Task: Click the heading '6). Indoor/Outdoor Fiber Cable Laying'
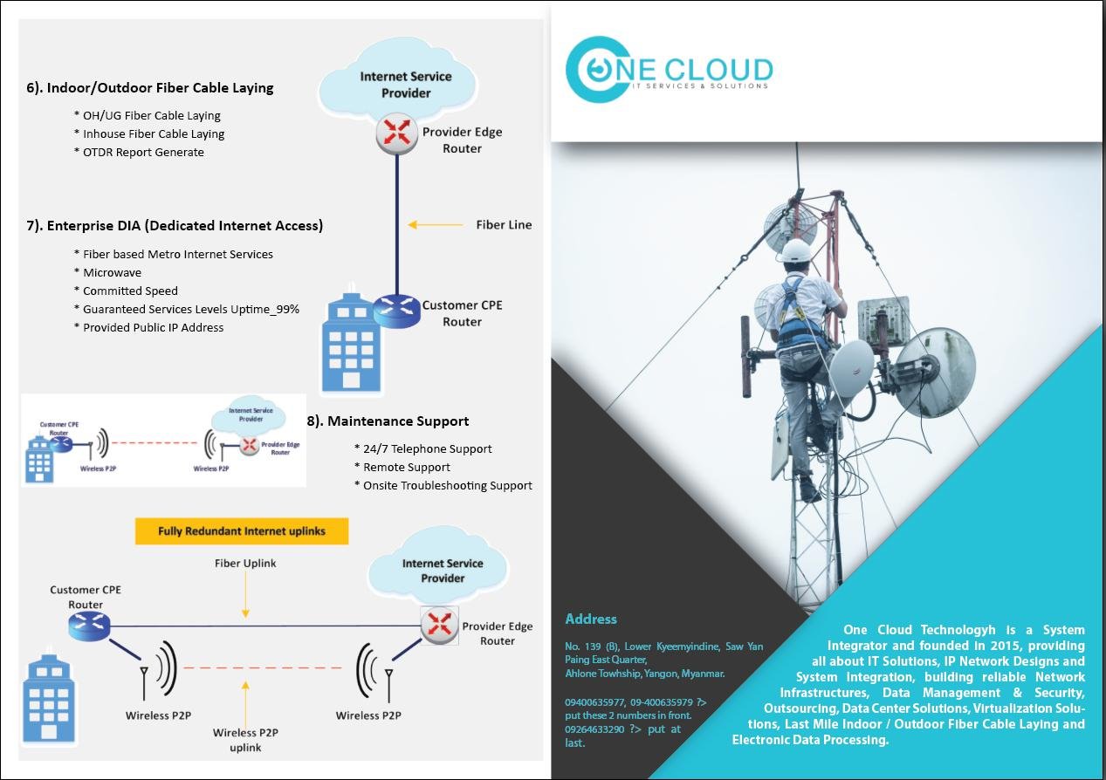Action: click(x=149, y=88)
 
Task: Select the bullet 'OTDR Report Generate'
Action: click(x=143, y=153)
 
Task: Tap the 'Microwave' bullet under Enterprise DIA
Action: click(x=112, y=273)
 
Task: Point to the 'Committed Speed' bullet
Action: click(x=130, y=291)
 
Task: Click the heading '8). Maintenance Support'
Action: click(x=388, y=421)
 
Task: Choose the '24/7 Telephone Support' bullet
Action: click(x=427, y=449)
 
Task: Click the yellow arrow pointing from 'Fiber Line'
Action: click(x=436, y=225)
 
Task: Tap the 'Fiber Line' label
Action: click(x=504, y=225)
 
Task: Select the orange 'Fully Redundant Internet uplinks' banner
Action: click(x=242, y=530)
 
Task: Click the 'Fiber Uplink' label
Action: click(x=245, y=564)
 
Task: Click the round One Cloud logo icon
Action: click(x=597, y=69)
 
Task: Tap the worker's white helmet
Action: click(x=795, y=251)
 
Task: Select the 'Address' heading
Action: click(x=591, y=619)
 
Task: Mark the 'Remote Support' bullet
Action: click(x=406, y=468)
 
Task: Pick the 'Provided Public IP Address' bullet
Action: click(x=153, y=328)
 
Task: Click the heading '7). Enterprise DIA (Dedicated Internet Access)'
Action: click(x=175, y=226)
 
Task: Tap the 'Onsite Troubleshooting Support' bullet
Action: click(x=447, y=486)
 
